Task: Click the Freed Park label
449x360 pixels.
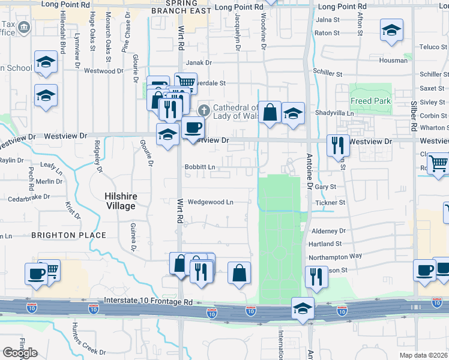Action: click(x=371, y=101)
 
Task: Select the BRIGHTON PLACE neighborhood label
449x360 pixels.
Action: click(x=69, y=235)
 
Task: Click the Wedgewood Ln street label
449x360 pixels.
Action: click(x=210, y=202)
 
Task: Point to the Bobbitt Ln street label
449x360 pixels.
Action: click(x=199, y=167)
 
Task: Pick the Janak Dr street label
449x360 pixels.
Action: click(x=199, y=62)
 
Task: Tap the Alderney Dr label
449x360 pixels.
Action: click(x=329, y=230)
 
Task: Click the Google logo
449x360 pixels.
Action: click(x=20, y=353)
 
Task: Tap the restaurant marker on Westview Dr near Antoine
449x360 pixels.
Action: click(x=338, y=145)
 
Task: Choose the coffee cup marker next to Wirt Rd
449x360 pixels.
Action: click(x=193, y=127)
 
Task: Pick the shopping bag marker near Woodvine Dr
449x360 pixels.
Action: click(x=270, y=112)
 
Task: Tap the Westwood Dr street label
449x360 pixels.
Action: click(x=103, y=71)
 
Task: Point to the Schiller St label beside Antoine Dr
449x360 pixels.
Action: click(x=328, y=74)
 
